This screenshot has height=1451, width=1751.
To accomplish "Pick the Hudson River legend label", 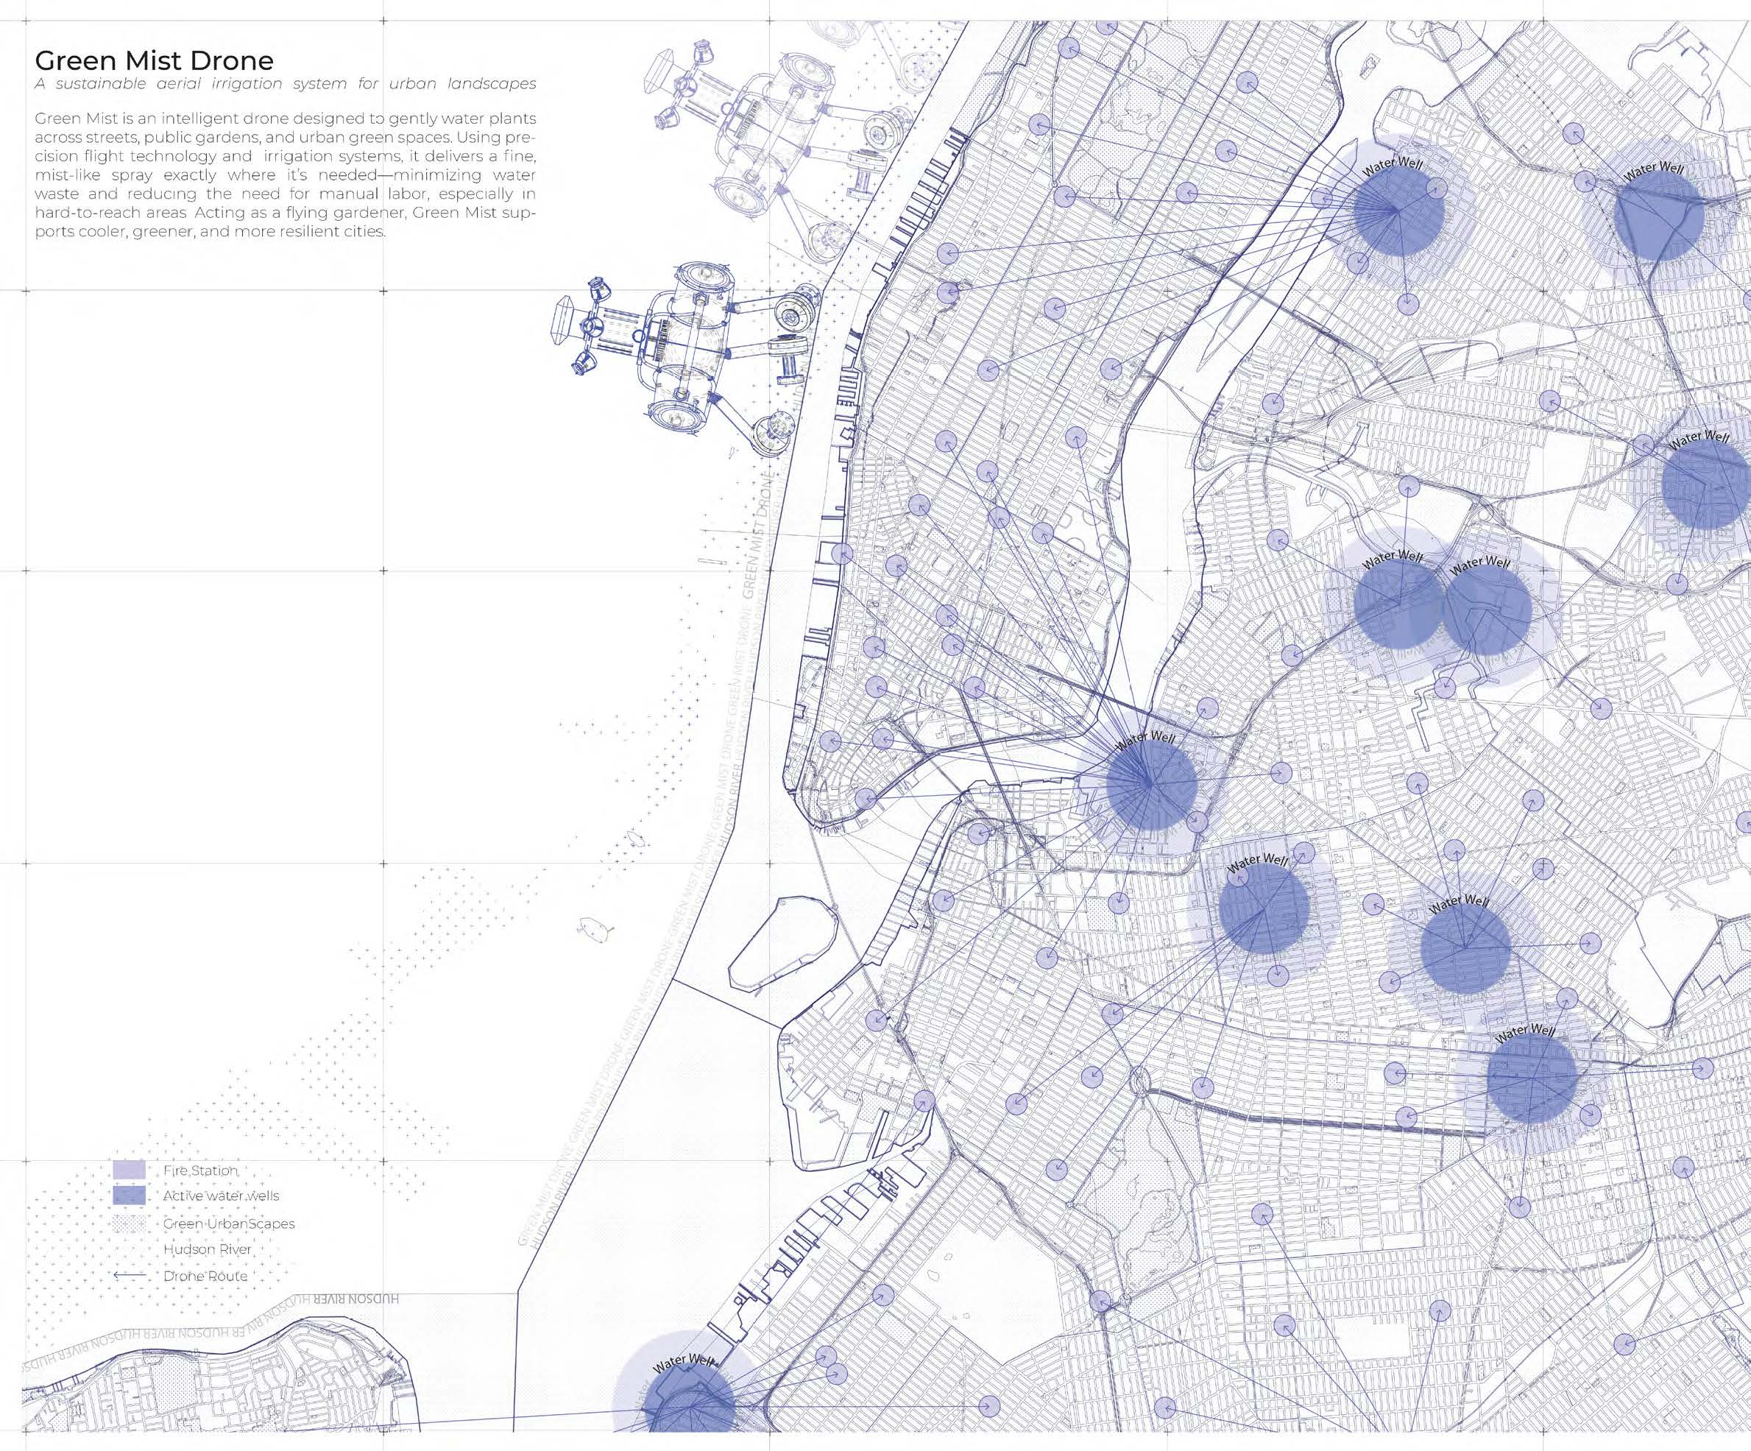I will [207, 1249].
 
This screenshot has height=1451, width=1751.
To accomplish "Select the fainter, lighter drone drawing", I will [751, 125].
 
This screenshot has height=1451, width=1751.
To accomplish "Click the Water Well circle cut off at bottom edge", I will [690, 1409].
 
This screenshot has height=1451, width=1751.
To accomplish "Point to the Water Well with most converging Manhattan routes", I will [1150, 784].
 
